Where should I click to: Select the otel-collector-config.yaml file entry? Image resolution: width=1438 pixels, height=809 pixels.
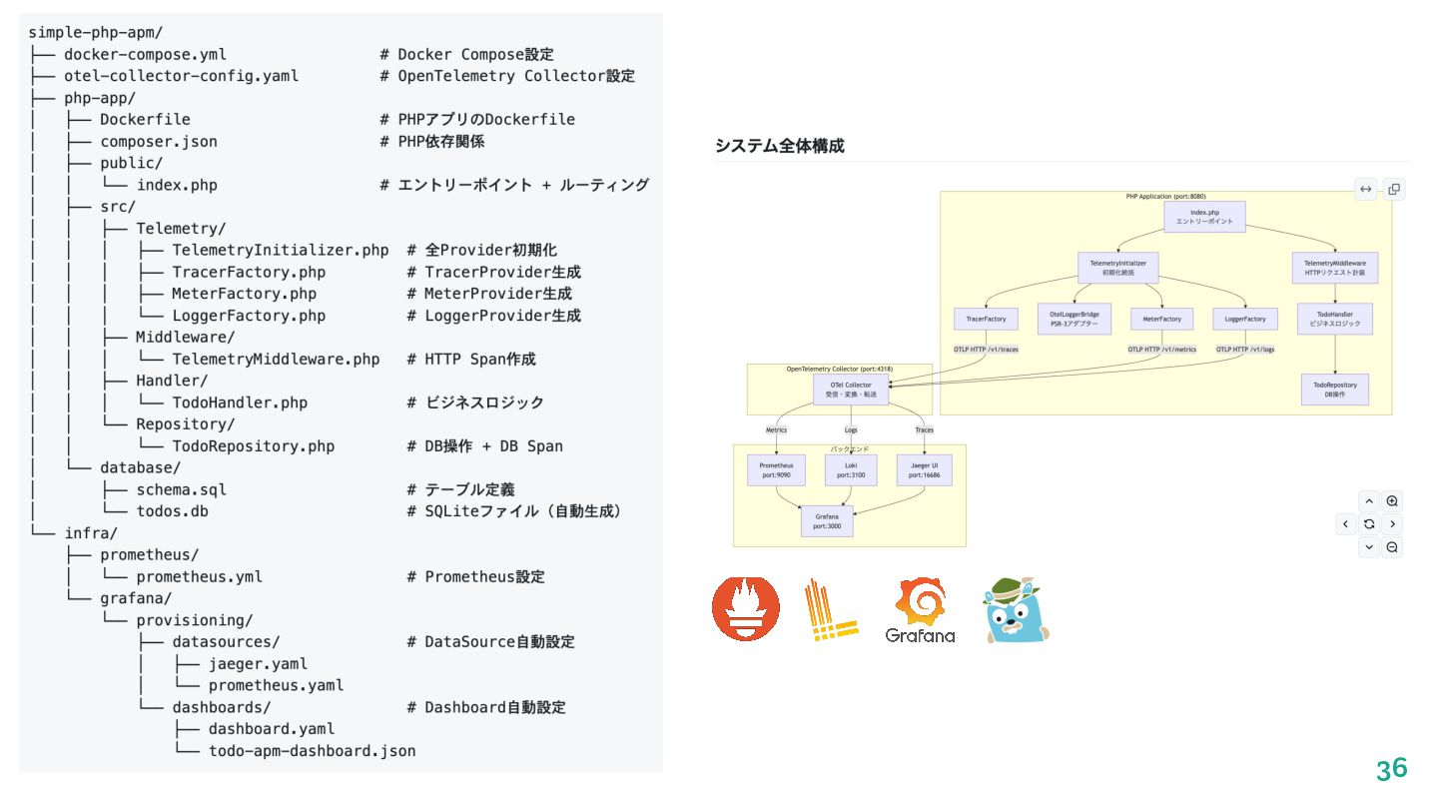click(181, 76)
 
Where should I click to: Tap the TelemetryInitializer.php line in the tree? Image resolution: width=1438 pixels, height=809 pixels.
click(280, 250)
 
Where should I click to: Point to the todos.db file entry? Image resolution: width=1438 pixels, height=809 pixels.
click(172, 510)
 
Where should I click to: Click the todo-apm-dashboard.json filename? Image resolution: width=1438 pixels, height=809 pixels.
click(312, 750)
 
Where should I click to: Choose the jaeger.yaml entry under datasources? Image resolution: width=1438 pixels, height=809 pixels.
click(258, 663)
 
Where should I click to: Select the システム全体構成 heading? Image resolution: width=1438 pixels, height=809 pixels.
click(779, 146)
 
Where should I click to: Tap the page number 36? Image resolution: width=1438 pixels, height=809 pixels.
click(1391, 769)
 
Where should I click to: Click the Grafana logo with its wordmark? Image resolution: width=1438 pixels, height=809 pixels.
click(920, 610)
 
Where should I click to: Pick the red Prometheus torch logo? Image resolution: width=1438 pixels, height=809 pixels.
click(746, 608)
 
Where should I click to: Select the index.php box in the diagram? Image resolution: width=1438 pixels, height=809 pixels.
click(1204, 217)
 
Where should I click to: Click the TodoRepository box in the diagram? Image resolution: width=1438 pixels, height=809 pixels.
click(1335, 390)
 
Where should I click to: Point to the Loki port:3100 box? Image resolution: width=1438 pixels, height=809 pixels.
click(851, 470)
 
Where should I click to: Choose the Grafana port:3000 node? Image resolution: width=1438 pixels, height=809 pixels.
click(827, 521)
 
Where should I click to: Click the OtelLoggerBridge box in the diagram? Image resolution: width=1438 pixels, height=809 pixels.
click(1074, 319)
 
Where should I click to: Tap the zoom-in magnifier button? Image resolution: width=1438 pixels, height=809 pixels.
click(1392, 501)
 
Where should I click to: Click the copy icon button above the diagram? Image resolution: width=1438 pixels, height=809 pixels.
click(1394, 189)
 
